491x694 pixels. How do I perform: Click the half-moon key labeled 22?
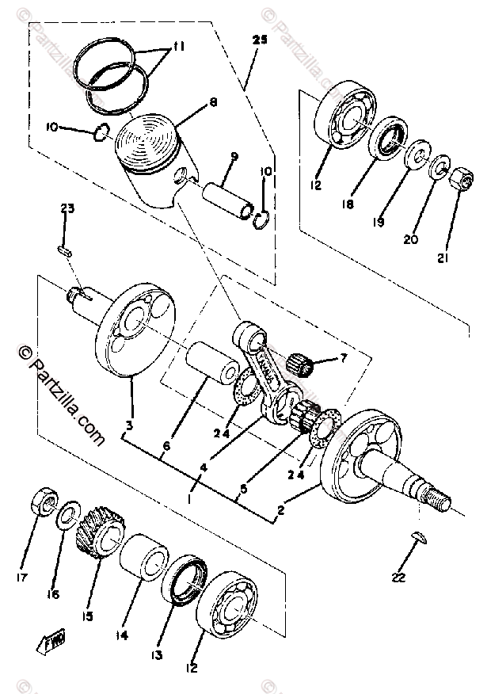coord(418,538)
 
